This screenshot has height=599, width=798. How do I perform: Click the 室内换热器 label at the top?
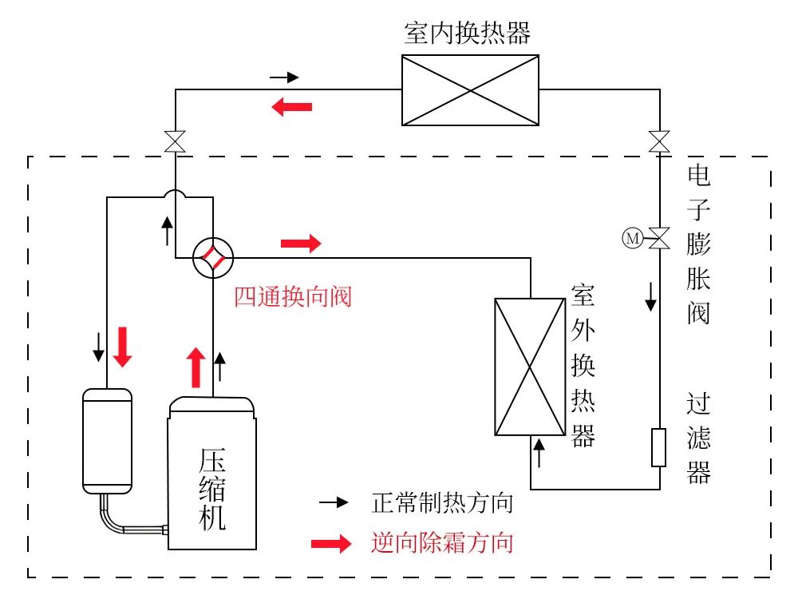coord(468,33)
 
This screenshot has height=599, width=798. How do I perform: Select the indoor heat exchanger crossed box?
coord(470,90)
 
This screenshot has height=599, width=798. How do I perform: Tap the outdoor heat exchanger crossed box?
coord(531,367)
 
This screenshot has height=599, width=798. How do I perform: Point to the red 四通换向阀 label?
coord(292,297)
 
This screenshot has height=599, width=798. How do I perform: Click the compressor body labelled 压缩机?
coord(212,479)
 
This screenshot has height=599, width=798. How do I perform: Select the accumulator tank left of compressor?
coord(107,440)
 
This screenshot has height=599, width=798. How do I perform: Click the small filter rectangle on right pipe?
coord(659,447)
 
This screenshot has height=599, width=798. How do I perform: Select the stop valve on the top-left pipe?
coord(175,142)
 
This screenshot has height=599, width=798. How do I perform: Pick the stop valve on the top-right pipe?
coord(659,142)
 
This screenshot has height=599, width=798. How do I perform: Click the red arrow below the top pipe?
coord(291,106)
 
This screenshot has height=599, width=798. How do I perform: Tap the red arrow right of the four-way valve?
coord(301,243)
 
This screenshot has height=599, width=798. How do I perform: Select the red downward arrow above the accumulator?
coord(122,346)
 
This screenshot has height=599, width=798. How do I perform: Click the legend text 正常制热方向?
coord(441,503)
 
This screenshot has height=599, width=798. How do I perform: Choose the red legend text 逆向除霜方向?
coord(441,543)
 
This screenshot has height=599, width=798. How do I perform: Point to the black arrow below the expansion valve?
coord(651,296)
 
